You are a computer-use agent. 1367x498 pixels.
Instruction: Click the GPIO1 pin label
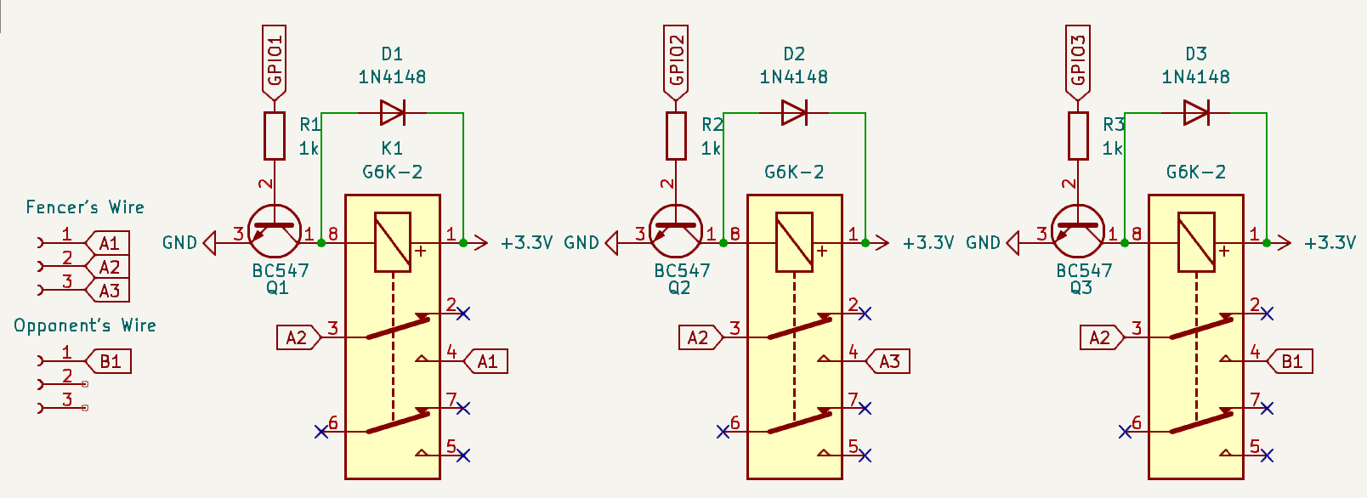tap(274, 60)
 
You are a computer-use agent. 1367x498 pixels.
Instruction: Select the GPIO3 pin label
tap(1077, 60)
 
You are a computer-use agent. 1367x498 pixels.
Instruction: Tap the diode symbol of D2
tap(794, 112)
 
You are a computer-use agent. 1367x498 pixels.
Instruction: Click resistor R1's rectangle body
tap(274, 136)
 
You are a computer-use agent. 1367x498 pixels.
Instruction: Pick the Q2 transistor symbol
tap(677, 232)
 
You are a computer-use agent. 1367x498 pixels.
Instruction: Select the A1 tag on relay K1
tap(487, 361)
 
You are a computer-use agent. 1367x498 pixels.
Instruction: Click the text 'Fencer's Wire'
tap(85, 207)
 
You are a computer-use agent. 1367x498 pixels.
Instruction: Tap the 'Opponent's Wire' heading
tap(85, 325)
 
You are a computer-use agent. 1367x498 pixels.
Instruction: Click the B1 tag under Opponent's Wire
tap(110, 361)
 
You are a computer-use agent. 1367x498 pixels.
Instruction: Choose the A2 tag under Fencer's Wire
tap(109, 267)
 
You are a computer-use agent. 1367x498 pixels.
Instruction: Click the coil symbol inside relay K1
tap(393, 242)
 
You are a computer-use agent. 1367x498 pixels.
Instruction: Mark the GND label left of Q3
tap(983, 243)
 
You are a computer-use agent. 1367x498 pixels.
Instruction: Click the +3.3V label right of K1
tap(526, 243)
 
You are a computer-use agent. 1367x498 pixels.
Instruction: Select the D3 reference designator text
tap(1196, 54)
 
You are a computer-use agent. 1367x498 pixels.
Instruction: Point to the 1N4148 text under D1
tap(392, 77)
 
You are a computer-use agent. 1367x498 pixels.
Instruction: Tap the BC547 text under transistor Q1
tap(280, 270)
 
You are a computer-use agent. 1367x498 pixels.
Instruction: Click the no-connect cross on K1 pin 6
tap(321, 432)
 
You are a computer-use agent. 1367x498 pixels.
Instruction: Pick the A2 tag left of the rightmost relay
tap(1100, 337)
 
